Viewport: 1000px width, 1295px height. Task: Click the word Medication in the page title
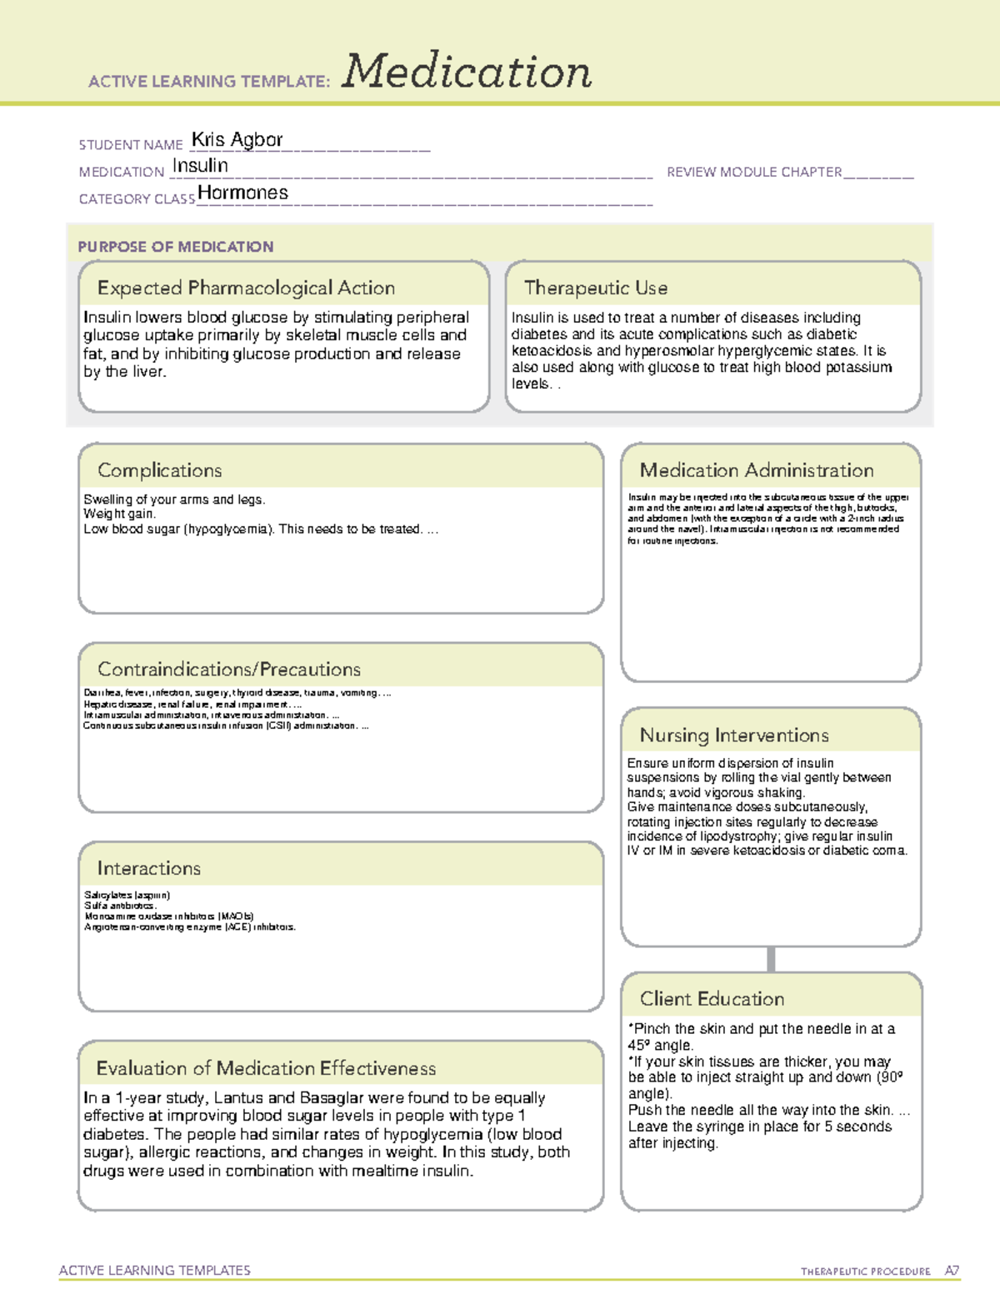click(467, 72)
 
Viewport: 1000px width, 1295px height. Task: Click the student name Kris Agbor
click(237, 139)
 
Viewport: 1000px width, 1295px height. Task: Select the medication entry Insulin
click(200, 166)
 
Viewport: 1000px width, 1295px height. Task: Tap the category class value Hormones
click(242, 193)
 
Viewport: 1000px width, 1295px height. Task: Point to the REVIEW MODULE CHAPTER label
click(754, 172)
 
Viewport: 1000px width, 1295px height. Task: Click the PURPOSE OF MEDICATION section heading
click(175, 247)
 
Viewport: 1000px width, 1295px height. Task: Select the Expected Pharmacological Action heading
click(246, 288)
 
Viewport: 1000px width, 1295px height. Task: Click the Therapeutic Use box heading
click(595, 288)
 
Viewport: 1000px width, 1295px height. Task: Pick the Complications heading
click(160, 470)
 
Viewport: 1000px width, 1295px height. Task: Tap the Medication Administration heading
click(757, 470)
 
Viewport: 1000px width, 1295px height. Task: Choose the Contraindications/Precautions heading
click(229, 670)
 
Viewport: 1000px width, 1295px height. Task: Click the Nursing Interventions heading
click(734, 735)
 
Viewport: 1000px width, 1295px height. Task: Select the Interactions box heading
click(149, 869)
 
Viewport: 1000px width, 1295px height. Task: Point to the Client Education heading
click(712, 999)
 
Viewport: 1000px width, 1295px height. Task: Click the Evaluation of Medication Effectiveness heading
click(266, 1068)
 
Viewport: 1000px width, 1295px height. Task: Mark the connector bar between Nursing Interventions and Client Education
click(771, 959)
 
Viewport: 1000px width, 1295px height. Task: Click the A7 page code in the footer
click(952, 1271)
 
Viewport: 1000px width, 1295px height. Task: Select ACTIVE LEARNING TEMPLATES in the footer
click(155, 1270)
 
